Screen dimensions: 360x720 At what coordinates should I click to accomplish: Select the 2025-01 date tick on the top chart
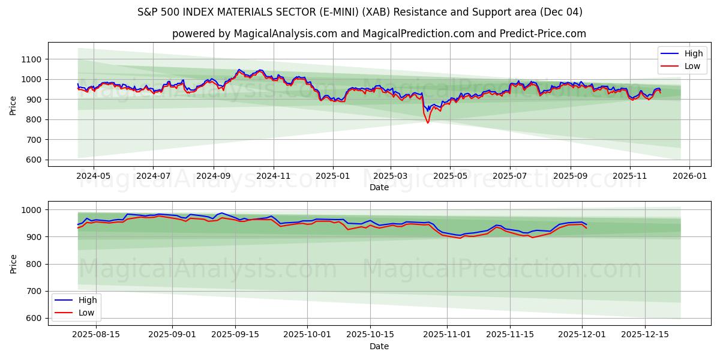[x=332, y=176]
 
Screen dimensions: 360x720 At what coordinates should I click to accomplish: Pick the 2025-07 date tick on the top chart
[x=509, y=176]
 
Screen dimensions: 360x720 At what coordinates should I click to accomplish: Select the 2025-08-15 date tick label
[x=96, y=335]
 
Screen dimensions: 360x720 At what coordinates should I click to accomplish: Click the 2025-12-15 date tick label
[x=644, y=335]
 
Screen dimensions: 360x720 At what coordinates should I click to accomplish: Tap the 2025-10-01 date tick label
[x=307, y=335]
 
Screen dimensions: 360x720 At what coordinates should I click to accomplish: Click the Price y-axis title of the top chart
[x=13, y=104]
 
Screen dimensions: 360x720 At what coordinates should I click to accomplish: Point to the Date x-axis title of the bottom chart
[x=379, y=346]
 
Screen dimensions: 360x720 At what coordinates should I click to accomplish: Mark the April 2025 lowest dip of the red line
[x=428, y=123]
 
